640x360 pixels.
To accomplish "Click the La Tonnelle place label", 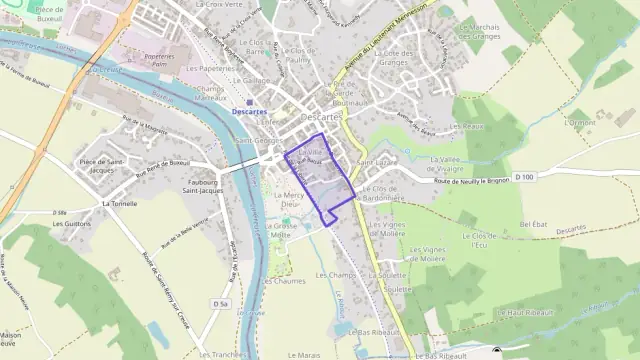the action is click(x=119, y=202).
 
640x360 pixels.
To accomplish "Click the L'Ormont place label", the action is click(x=579, y=123).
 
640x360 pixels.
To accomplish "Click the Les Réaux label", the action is click(x=466, y=127).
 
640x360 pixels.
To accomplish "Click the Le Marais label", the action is click(x=306, y=354).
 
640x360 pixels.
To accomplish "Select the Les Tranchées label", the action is click(x=222, y=354).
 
